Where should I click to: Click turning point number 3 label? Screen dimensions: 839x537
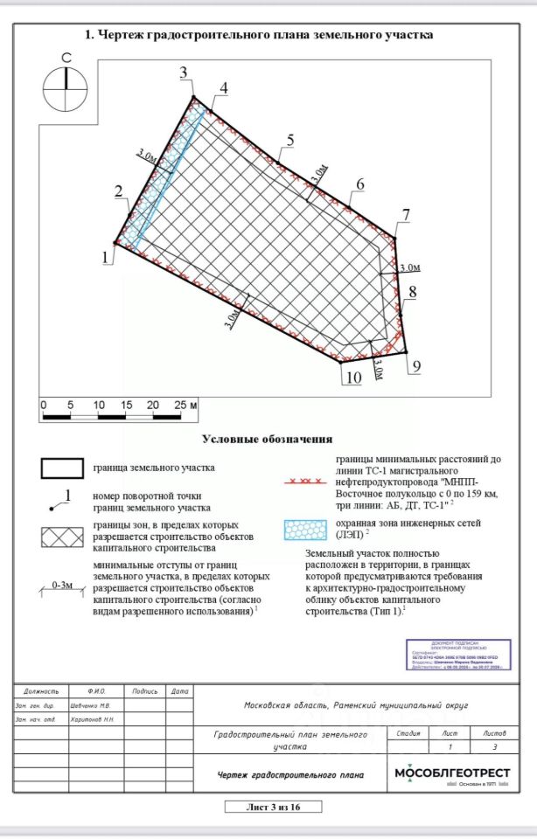pos(184,72)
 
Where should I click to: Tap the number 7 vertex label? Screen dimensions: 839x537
pos(405,214)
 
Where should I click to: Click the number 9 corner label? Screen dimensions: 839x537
pos(416,365)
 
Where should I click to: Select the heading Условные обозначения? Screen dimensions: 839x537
pos(267,439)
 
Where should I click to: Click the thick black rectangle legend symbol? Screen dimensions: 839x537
pos(63,468)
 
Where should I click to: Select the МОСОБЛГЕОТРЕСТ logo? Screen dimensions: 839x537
pos(452,773)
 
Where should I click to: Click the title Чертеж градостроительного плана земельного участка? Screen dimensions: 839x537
pos(259,35)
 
